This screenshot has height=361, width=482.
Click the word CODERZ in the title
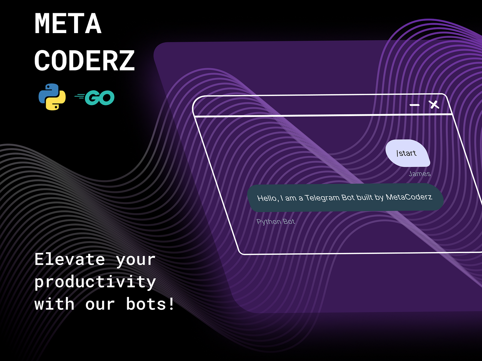84,60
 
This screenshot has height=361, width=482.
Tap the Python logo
52,97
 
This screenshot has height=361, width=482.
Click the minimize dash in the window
415,105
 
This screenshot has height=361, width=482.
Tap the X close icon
434,105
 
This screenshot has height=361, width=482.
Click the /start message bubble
407,153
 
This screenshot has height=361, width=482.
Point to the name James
419,174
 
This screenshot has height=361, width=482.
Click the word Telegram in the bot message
322,198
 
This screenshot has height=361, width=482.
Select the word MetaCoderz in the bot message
409,197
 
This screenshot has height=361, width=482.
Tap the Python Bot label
275,222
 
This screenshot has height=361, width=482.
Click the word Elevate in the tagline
70,259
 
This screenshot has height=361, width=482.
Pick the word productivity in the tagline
95,282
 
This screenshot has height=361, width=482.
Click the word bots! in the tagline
150,304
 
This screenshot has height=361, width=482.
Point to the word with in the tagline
54,304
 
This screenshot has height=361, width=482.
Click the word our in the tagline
100,304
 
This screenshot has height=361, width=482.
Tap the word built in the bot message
365,197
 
